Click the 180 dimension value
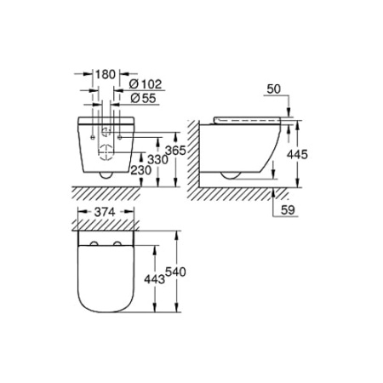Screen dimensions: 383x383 click(x=105, y=73)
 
